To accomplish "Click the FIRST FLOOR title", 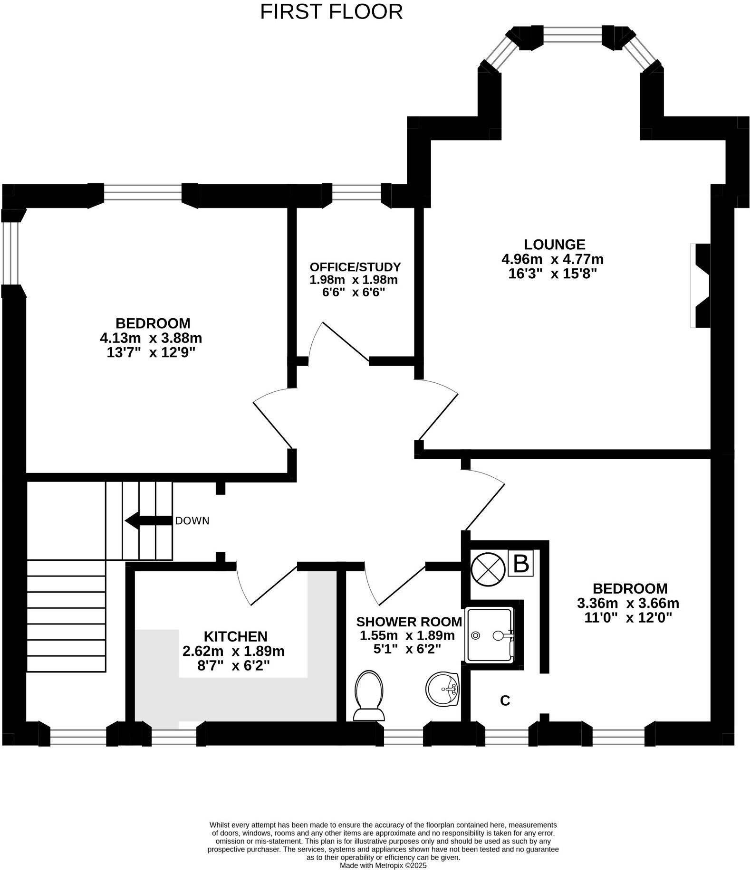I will [x=331, y=12].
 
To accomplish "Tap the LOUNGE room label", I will [x=554, y=245].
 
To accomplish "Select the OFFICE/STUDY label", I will [x=355, y=267].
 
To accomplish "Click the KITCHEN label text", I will [x=235, y=636].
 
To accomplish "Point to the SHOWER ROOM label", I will [x=409, y=622].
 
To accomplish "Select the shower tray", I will [x=490, y=635].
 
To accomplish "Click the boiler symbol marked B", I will [x=521, y=564].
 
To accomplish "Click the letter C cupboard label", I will [x=505, y=700].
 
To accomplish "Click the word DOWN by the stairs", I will [x=192, y=521].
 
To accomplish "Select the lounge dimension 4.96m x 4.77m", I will [x=552, y=259].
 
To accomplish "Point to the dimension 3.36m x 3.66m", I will [x=628, y=604].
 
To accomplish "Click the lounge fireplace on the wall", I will [x=702, y=285].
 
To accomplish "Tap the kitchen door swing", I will [x=266, y=585].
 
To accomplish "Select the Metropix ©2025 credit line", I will [x=383, y=865].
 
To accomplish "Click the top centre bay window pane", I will [x=572, y=34].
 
